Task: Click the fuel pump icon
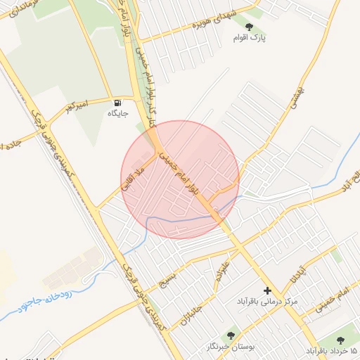(x=117, y=102)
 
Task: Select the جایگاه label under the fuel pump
(x=117, y=113)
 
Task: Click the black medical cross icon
(x=266, y=290)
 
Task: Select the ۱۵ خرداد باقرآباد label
(x=332, y=349)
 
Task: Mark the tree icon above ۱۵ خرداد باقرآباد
(x=332, y=337)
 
